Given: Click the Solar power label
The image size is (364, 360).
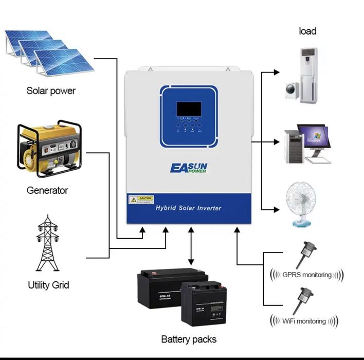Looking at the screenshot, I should tap(51, 91).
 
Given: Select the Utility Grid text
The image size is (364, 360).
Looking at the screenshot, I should tap(48, 284).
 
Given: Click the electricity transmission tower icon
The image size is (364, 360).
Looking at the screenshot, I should tap(48, 244).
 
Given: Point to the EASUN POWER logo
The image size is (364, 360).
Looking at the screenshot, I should tap(188, 168).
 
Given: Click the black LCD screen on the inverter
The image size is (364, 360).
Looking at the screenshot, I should tap(189, 109).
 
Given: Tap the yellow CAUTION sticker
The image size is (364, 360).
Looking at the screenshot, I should tap(141, 199).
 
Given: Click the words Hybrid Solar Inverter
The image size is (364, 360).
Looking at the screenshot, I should tap(188, 208).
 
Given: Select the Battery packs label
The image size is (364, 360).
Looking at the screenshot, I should tap(189, 339).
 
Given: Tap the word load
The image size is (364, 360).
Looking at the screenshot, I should tap(307, 31).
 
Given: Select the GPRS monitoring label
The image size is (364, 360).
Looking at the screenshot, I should tap(307, 275).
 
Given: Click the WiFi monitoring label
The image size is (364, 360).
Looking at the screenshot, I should tap(304, 321).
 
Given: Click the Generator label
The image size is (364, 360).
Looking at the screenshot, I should tap(47, 190).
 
